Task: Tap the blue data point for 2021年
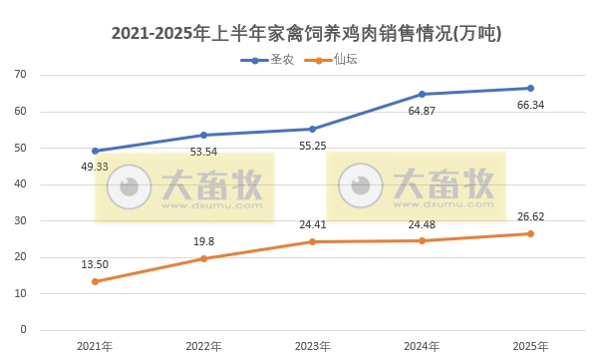[x=95, y=151]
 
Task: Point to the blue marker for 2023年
[x=313, y=129]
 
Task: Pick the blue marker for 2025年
[x=530, y=88]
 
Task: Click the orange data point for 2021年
[x=95, y=281]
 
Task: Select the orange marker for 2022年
[x=203, y=258]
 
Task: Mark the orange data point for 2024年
[x=422, y=240]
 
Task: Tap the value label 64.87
[x=421, y=110]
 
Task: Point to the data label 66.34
[x=531, y=104]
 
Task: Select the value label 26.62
[x=531, y=215]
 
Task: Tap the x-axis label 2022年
[x=204, y=346]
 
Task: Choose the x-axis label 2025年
[x=530, y=346]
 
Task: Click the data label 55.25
[x=313, y=146]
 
